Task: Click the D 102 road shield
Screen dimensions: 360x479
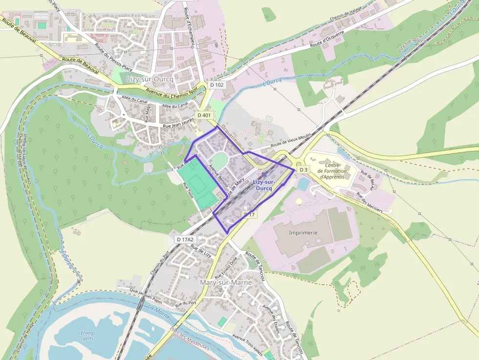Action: click(217, 85)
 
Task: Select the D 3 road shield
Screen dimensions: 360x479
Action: click(304, 169)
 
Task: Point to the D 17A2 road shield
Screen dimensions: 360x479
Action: click(185, 239)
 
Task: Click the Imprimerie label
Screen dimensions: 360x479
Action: click(303, 233)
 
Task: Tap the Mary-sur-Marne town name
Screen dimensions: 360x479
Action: click(226, 282)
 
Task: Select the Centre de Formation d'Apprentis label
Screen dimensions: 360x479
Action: click(332, 171)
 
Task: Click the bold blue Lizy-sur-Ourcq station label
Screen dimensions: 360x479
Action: click(264, 185)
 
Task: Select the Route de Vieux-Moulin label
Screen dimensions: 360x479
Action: click(291, 141)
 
